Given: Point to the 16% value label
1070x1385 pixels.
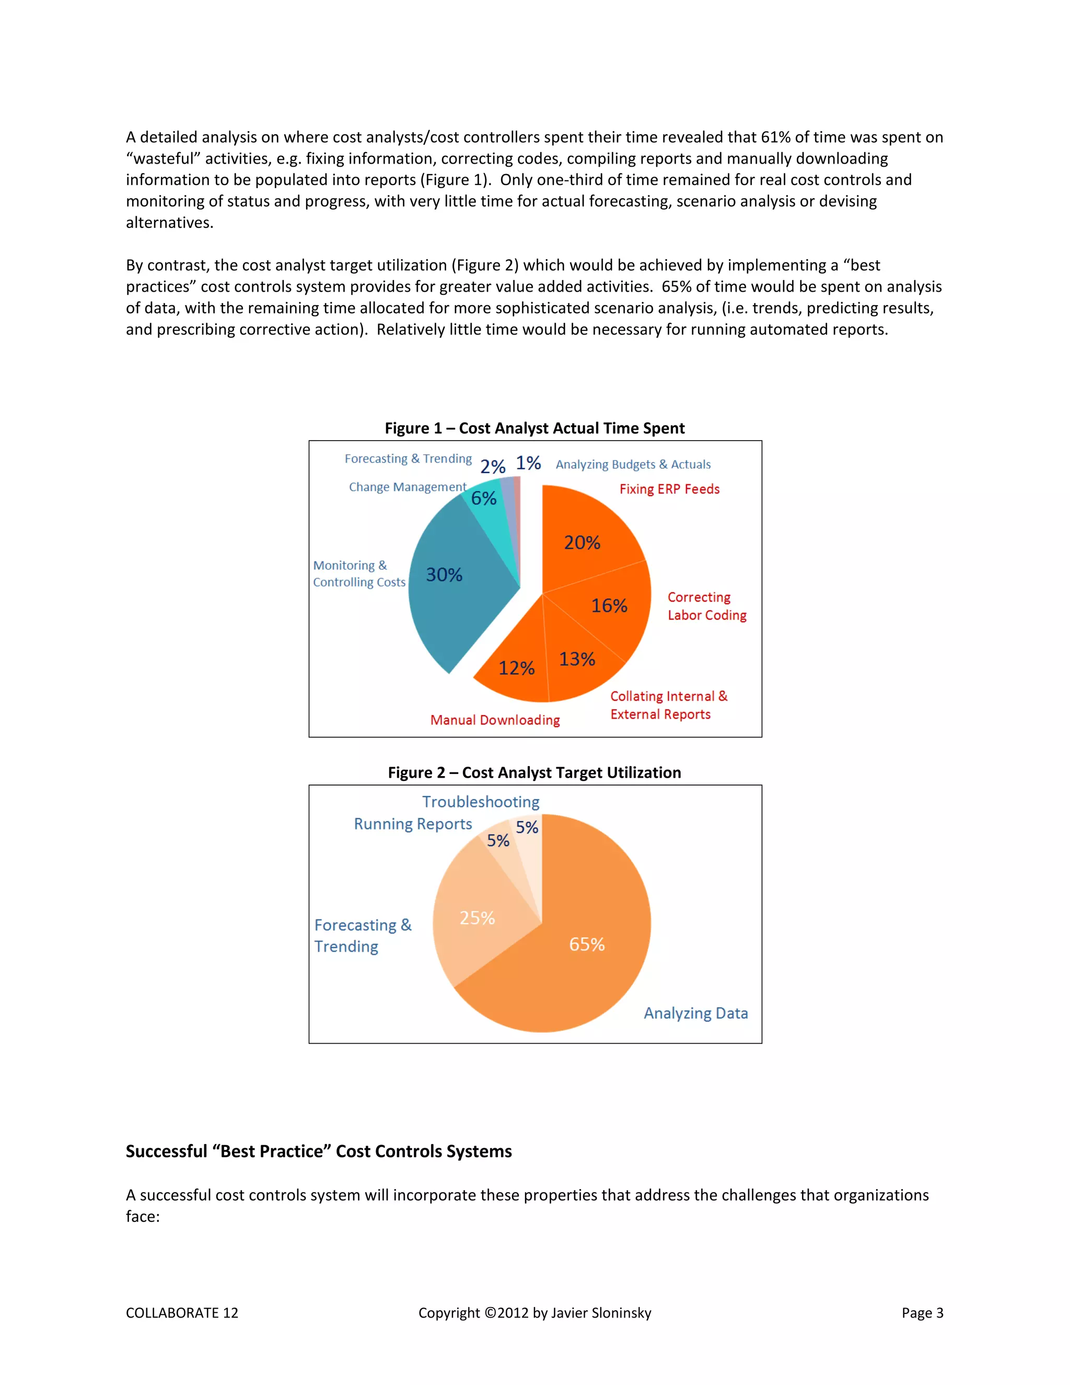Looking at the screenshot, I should coord(609,606).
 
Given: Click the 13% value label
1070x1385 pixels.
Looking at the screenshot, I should coord(577,660).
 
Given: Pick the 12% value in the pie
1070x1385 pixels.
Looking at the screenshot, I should coord(516,668).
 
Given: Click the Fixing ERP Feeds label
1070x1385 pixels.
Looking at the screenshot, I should coord(669,489).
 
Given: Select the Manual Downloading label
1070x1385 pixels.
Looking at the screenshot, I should coord(495,720).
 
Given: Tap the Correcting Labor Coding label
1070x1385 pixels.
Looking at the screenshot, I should coord(706,606).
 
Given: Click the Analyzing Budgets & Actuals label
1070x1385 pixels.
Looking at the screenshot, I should coord(633,464).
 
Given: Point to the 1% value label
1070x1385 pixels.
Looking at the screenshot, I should coord(528,463).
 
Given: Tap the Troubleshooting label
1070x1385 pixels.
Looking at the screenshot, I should coord(481,802).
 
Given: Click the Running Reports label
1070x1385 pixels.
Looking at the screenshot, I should coord(413,824).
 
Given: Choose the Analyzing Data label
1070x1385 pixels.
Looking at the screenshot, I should coord(695,1013).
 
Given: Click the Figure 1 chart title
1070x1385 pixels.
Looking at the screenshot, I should coord(534,428).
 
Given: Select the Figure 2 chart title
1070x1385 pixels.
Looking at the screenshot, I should coord(534,772).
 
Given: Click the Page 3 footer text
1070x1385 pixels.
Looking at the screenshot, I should coord(922,1313).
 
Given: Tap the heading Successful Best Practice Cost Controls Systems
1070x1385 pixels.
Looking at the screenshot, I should coord(318,1151).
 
